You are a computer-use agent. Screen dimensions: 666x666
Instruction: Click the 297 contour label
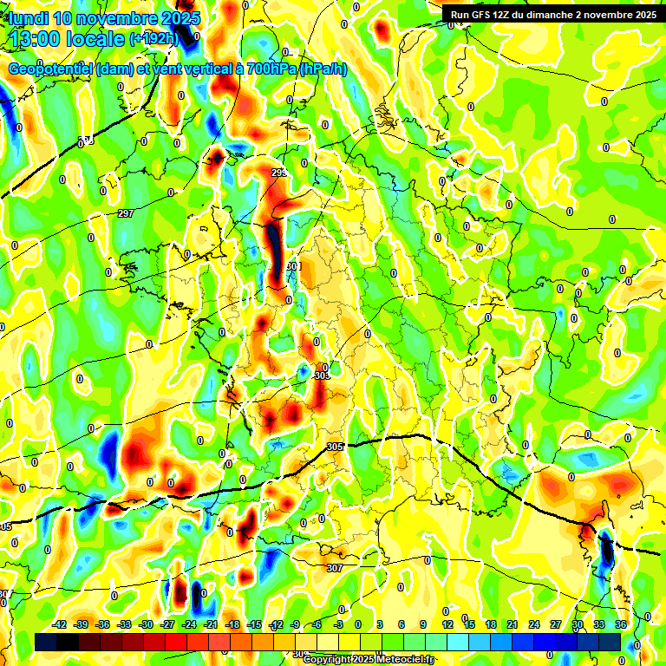tap(126, 213)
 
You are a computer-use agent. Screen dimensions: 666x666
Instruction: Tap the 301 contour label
tap(292, 266)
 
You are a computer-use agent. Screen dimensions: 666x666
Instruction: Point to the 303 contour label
tap(322, 376)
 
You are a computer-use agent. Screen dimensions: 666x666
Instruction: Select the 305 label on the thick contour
tap(336, 447)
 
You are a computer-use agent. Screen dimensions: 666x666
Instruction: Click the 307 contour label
tap(334, 568)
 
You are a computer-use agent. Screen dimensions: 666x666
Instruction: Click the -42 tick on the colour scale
tap(61, 624)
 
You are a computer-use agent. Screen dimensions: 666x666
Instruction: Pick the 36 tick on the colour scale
tap(621, 624)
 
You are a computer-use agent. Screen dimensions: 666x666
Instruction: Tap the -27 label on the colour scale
tap(168, 624)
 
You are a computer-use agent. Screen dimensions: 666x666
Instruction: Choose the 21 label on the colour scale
tap(513, 624)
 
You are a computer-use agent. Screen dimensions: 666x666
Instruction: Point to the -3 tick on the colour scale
tap(339, 624)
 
